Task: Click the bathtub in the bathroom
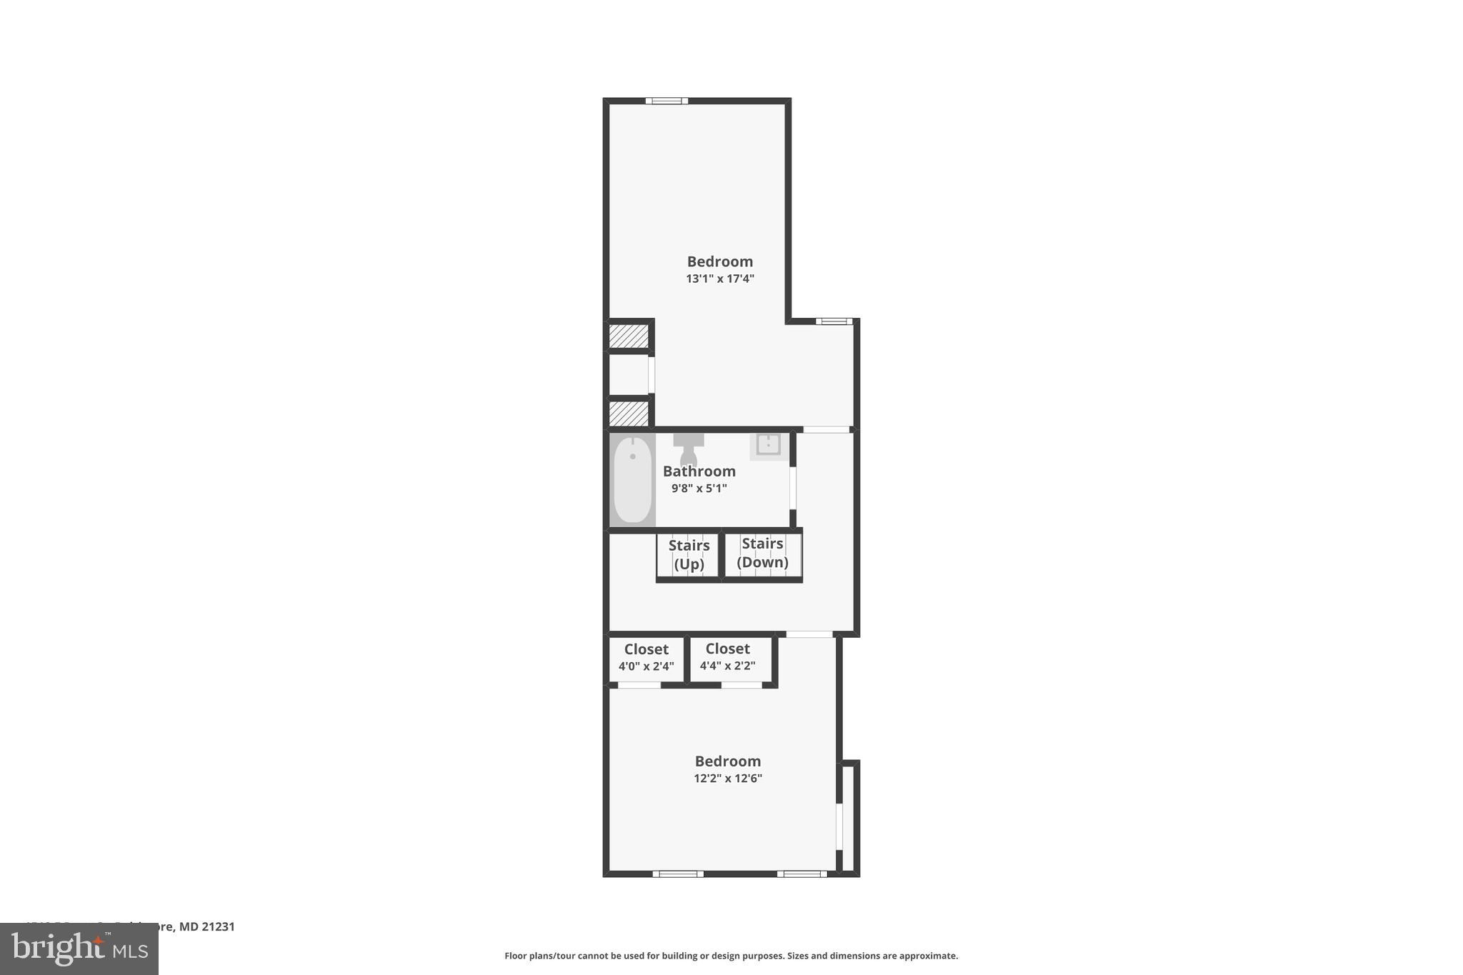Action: tap(632, 479)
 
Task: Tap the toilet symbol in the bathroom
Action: tap(689, 448)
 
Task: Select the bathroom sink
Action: tap(768, 444)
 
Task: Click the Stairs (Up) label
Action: tap(689, 555)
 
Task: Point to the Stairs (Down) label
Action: tap(762, 553)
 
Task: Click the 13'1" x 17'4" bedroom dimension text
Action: tap(720, 279)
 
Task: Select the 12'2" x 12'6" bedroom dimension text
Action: tap(728, 779)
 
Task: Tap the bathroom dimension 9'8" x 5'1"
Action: tap(699, 489)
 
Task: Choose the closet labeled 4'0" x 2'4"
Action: tap(646, 658)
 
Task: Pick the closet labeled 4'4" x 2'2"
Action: tap(727, 658)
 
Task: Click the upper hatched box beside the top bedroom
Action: tap(629, 336)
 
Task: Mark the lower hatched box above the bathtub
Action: tap(629, 413)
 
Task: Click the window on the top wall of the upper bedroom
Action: tap(666, 101)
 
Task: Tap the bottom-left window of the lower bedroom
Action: tap(678, 874)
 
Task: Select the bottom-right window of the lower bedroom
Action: tap(802, 874)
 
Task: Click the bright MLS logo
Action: tap(79, 949)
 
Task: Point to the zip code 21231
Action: tap(217, 926)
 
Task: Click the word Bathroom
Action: tap(699, 471)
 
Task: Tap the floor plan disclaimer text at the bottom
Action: tap(731, 956)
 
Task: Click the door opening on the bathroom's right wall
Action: tap(793, 487)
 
